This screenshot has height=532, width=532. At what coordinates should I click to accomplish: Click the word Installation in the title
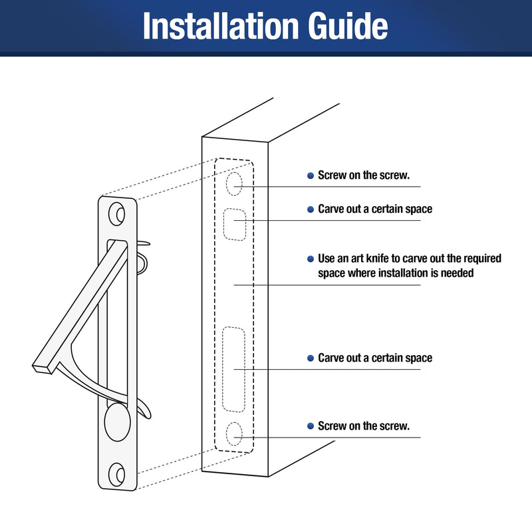pyautogui.click(x=221, y=26)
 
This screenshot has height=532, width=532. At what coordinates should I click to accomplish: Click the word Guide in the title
pyautogui.click(x=348, y=26)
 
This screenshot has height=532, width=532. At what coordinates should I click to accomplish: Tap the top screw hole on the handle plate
pyautogui.click(x=117, y=214)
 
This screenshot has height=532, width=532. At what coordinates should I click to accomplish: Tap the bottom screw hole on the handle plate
pyautogui.click(x=117, y=474)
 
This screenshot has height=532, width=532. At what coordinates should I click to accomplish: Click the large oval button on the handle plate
pyautogui.click(x=118, y=422)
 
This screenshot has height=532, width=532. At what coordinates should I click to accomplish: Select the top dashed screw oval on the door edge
pyautogui.click(x=234, y=184)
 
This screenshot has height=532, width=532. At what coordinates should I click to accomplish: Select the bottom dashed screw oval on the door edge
pyautogui.click(x=234, y=434)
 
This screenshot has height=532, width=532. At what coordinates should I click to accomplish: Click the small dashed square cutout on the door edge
pyautogui.click(x=235, y=225)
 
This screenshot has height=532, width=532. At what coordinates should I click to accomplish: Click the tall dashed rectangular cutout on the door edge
pyautogui.click(x=234, y=370)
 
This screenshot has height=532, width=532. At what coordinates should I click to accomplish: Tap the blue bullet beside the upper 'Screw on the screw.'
pyautogui.click(x=311, y=176)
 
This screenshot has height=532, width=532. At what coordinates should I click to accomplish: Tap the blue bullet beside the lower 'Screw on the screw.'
pyautogui.click(x=311, y=426)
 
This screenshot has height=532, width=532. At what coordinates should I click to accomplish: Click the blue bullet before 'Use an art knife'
pyautogui.click(x=311, y=259)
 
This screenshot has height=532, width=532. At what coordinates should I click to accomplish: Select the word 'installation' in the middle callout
pyautogui.click(x=404, y=273)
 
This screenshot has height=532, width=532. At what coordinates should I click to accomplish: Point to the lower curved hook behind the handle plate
pyautogui.click(x=144, y=409)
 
